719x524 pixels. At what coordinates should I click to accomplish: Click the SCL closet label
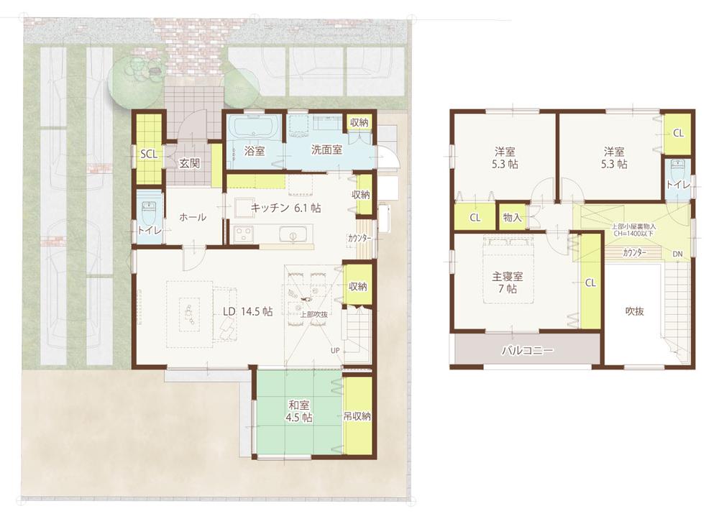point(149,154)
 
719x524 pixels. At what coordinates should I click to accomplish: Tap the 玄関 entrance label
point(189,163)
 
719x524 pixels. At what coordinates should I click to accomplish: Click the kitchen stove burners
point(243,234)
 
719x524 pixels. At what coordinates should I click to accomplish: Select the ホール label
point(193,216)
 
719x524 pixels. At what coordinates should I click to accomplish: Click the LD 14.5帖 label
point(247,311)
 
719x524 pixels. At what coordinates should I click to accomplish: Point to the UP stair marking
point(335,350)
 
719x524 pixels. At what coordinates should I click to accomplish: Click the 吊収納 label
point(357,416)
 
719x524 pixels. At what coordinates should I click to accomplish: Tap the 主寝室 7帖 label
point(507,282)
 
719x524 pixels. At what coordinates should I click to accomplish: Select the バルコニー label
point(527,351)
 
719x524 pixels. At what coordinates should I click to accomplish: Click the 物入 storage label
point(512,217)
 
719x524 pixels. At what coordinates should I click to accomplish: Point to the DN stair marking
point(677,254)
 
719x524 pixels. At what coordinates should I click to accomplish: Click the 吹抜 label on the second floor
point(633,311)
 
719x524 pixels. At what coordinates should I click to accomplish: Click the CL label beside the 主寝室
point(590,283)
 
